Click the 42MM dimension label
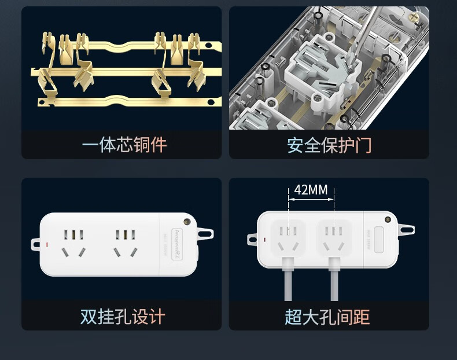click(x=311, y=190)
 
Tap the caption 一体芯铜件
click(x=124, y=145)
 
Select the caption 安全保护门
click(x=329, y=145)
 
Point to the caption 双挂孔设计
click(x=123, y=317)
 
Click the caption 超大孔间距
click(x=327, y=317)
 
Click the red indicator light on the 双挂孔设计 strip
click(x=47, y=244)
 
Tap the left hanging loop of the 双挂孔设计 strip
click(x=36, y=241)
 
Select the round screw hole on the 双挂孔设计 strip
click(x=187, y=221)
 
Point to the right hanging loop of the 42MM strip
click(x=407, y=229)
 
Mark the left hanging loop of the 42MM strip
click(x=253, y=238)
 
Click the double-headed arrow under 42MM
click(x=311, y=200)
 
